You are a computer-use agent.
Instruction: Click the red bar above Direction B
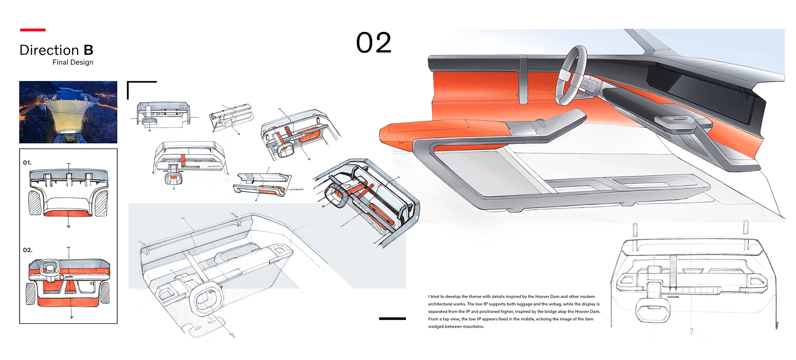(33, 30)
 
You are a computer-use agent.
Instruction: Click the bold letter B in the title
(88, 50)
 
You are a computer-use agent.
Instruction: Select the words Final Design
(73, 62)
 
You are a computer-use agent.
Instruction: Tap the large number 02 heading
(374, 43)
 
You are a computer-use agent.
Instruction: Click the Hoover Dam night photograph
(68, 112)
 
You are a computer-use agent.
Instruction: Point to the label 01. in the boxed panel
(27, 163)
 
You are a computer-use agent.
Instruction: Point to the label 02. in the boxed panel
(27, 250)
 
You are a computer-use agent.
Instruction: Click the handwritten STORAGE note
(297, 190)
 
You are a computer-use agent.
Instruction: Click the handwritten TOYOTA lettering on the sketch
(214, 167)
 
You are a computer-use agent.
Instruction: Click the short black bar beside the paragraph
(392, 319)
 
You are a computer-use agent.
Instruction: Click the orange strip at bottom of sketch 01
(68, 214)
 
